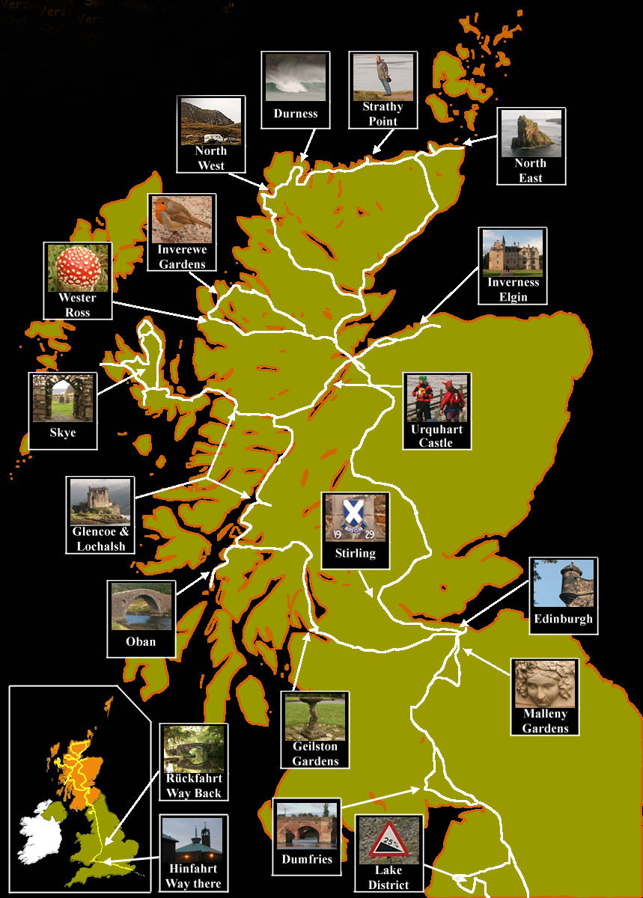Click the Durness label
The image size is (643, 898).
tap(295, 114)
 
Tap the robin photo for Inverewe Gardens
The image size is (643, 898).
tap(182, 219)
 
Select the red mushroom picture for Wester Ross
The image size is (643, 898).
tap(78, 268)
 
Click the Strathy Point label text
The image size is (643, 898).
tap(383, 114)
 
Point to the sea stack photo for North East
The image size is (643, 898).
tap(531, 133)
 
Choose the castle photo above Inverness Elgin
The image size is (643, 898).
tap(513, 253)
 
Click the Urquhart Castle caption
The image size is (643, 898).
tap(436, 436)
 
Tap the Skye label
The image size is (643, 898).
tap(63, 433)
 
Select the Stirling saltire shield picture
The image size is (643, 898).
tap(356, 517)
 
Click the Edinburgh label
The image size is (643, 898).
tap(563, 619)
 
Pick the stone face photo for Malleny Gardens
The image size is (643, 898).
tap(545, 684)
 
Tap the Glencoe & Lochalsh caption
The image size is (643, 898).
tap(100, 539)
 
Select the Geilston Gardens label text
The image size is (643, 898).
tap(315, 754)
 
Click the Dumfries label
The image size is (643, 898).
tap(307, 859)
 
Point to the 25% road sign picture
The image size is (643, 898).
tap(388, 840)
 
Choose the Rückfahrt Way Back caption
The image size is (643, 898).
tap(193, 786)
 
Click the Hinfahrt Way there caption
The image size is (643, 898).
tap(193, 876)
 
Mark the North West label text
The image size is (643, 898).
tap(211, 158)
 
